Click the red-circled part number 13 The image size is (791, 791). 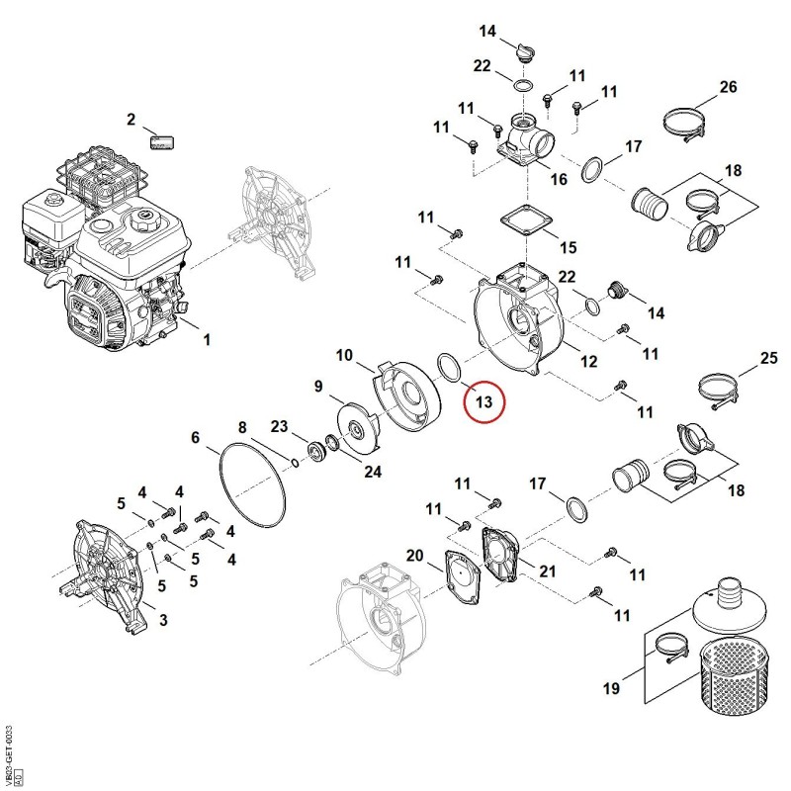(483, 401)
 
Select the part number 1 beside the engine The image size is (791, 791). (207, 339)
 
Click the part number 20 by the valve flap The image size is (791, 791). (414, 556)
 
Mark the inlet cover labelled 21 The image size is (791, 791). (500, 554)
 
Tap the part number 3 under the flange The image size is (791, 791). (163, 620)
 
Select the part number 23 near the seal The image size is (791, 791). (279, 427)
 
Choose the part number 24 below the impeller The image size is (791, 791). (373, 472)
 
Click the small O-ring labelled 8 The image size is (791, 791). (294, 462)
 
